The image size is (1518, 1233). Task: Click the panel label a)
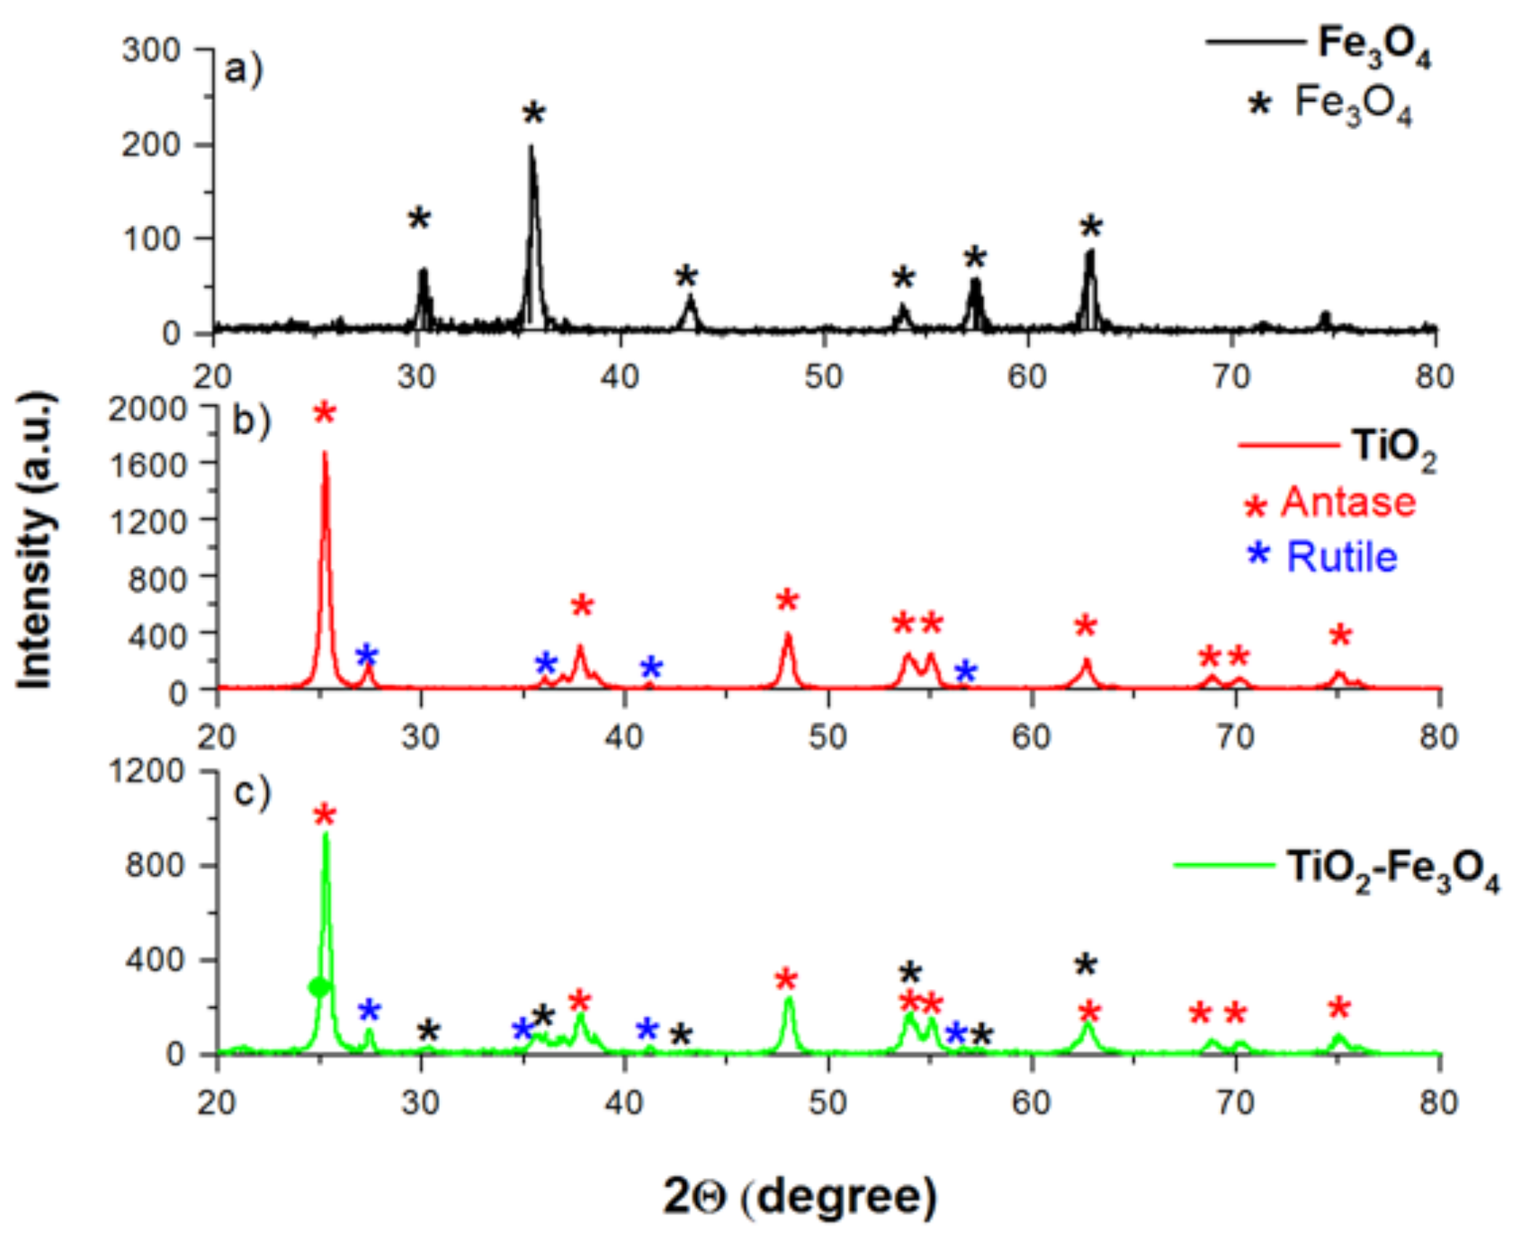(x=242, y=70)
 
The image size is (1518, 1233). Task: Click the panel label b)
(x=250, y=421)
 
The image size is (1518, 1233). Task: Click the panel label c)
(x=251, y=792)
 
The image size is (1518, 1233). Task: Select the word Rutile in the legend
(x=1342, y=557)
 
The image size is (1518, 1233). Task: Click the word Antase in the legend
(x=1348, y=502)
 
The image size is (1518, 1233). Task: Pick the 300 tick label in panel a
(x=151, y=51)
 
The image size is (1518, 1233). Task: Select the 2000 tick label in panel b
(x=147, y=410)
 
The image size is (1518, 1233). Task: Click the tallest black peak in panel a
(x=531, y=148)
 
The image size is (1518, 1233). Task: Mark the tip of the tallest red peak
(x=325, y=454)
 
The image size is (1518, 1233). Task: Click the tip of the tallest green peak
(x=325, y=834)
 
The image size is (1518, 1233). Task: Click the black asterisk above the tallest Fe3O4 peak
(x=534, y=113)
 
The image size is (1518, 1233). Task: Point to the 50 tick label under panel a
(x=824, y=376)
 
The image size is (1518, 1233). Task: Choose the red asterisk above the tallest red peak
(x=325, y=412)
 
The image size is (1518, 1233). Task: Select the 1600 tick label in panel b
(x=147, y=465)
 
